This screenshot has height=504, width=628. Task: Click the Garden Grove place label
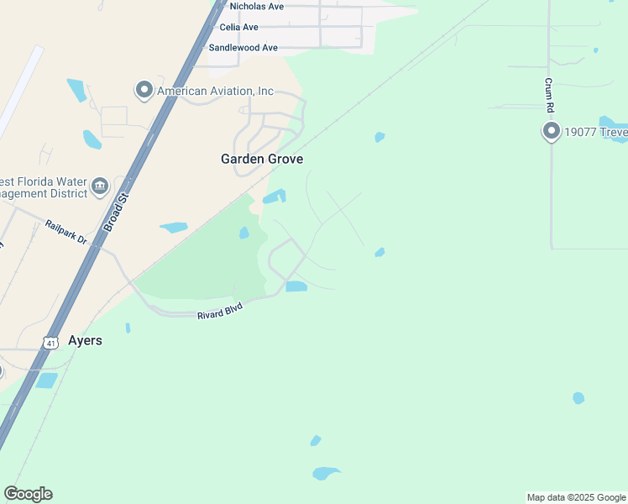[261, 159]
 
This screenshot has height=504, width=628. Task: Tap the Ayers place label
[85, 340]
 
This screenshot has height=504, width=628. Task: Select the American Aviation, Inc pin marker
[144, 90]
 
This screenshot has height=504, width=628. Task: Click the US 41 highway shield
[50, 343]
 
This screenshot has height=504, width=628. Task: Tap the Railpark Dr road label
[66, 232]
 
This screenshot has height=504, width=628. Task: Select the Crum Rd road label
[549, 95]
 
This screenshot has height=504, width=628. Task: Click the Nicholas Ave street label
[257, 6]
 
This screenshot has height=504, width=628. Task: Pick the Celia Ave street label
[238, 27]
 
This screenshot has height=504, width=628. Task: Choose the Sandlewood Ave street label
[243, 48]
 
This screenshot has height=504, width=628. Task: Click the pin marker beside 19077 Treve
[551, 131]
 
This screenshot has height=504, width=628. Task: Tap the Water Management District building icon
[100, 186]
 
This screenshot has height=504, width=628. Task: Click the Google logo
[28, 494]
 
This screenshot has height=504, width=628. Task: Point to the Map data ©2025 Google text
[576, 497]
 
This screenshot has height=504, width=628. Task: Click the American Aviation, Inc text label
[215, 91]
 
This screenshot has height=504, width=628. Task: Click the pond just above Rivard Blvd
[296, 286]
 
